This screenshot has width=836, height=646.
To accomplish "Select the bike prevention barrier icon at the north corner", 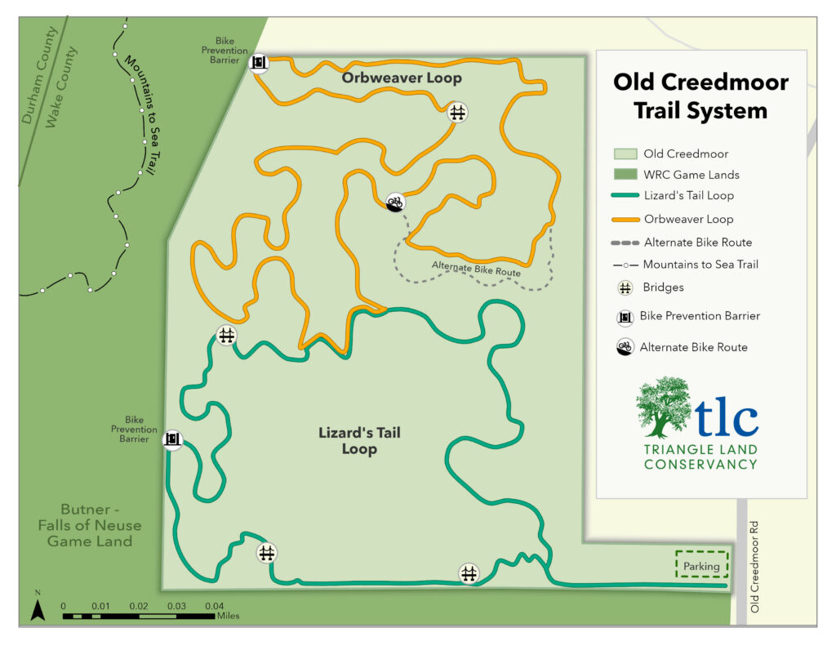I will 259,62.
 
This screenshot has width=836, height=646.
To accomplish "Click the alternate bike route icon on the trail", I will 395,202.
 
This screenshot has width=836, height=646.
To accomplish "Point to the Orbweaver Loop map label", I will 402,78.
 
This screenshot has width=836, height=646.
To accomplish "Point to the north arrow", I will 37,608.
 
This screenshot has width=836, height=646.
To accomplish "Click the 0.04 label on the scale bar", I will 213,606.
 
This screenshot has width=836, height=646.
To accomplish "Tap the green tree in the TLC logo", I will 663,407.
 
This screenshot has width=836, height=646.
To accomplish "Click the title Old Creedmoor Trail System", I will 700,96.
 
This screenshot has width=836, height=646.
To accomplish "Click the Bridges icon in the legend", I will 625,287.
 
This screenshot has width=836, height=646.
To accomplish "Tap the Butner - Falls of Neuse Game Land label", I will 90,525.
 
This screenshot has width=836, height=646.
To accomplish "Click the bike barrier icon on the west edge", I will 172,440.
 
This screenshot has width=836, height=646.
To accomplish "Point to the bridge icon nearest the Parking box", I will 469,573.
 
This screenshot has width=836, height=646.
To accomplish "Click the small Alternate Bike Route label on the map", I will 476,267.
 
